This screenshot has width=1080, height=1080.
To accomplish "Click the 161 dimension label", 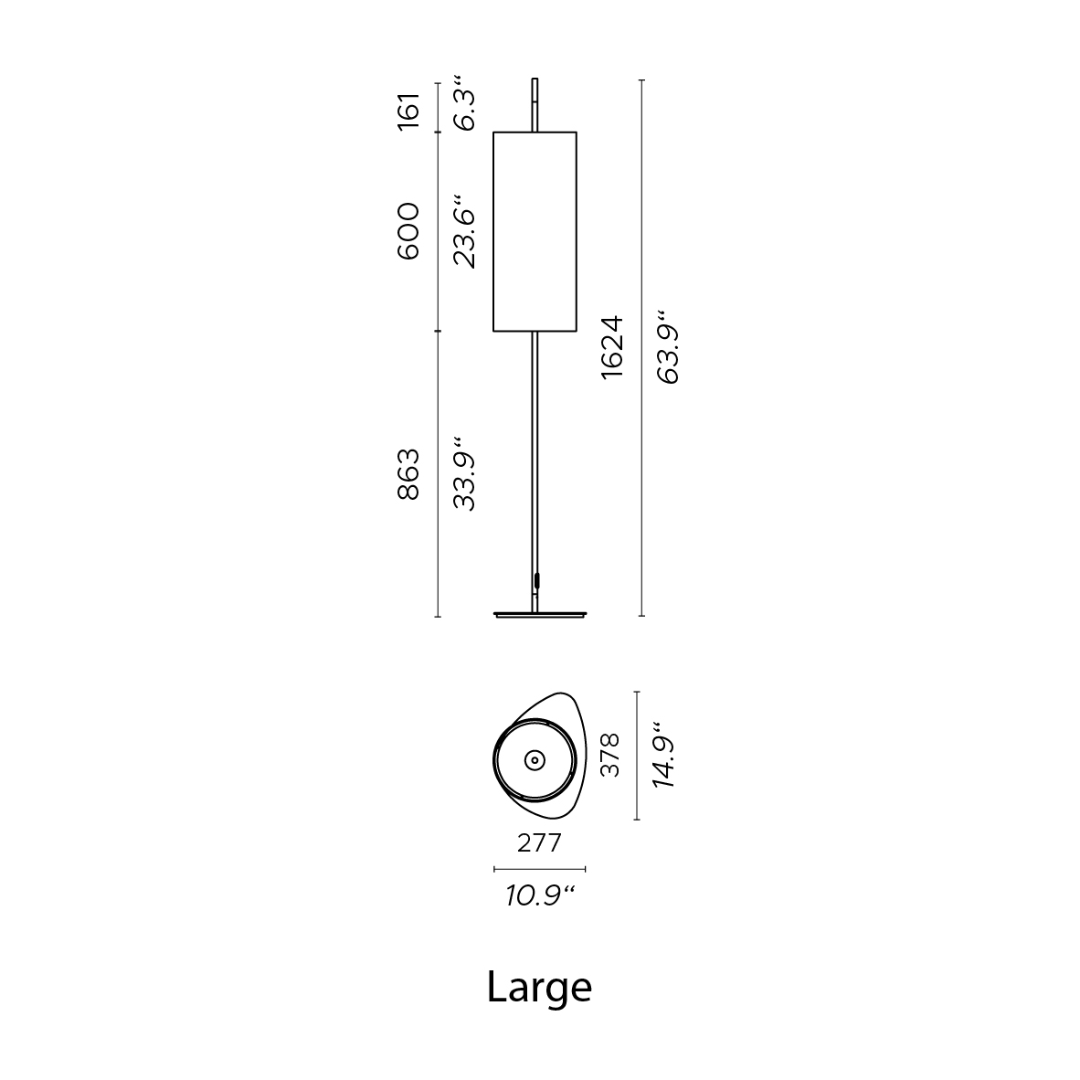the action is click(408, 111).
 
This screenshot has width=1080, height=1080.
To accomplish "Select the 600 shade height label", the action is click(408, 231).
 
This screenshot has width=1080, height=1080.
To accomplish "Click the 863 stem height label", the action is click(408, 474).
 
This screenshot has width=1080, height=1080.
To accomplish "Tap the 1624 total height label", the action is click(611, 347).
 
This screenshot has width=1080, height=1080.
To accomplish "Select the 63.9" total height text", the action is click(668, 346).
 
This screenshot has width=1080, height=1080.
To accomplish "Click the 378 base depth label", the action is click(609, 756).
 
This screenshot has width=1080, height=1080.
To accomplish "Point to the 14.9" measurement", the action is click(664, 756).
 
